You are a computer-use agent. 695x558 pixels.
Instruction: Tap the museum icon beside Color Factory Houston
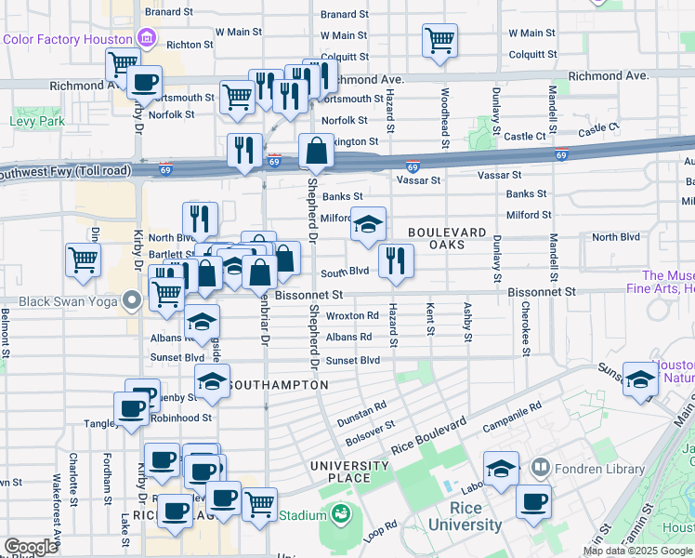tap(146, 38)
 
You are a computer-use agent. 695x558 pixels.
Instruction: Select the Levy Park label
tap(37, 121)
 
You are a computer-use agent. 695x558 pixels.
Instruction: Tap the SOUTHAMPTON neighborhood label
tap(276, 384)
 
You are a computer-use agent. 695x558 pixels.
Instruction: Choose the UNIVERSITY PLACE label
tap(349, 472)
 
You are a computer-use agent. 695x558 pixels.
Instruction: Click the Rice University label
tap(465, 517)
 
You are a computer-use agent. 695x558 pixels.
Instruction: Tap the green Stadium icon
tap(340, 514)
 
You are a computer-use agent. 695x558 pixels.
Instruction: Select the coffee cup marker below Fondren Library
tap(533, 502)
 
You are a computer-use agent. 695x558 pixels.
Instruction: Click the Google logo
tap(31, 547)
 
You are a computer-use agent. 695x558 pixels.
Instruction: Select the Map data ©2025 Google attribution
tap(636, 550)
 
